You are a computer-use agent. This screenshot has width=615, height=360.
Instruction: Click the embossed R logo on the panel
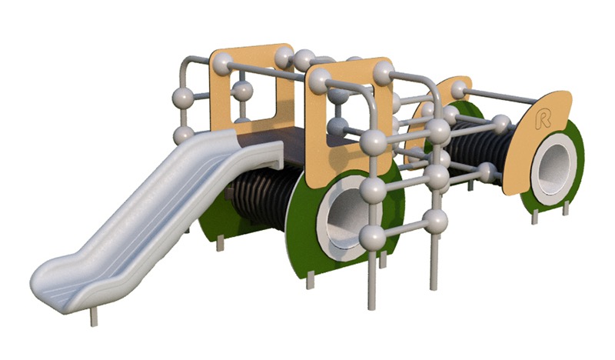click(x=543, y=119)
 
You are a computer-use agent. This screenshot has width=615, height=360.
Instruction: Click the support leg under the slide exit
click(x=93, y=317)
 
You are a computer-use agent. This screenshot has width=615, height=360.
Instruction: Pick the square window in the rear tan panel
click(x=255, y=95)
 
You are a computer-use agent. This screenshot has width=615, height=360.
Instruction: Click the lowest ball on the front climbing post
click(x=372, y=237)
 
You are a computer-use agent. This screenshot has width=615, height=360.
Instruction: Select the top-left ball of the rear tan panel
click(x=222, y=64)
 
